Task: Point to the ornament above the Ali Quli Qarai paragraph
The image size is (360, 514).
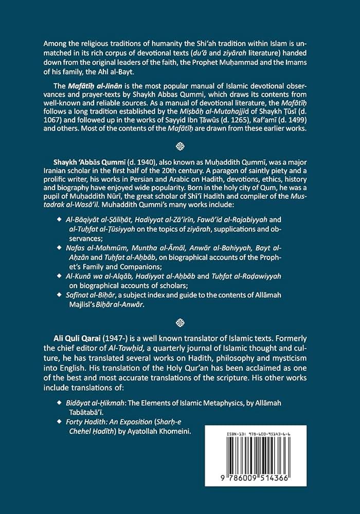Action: (180, 323)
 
